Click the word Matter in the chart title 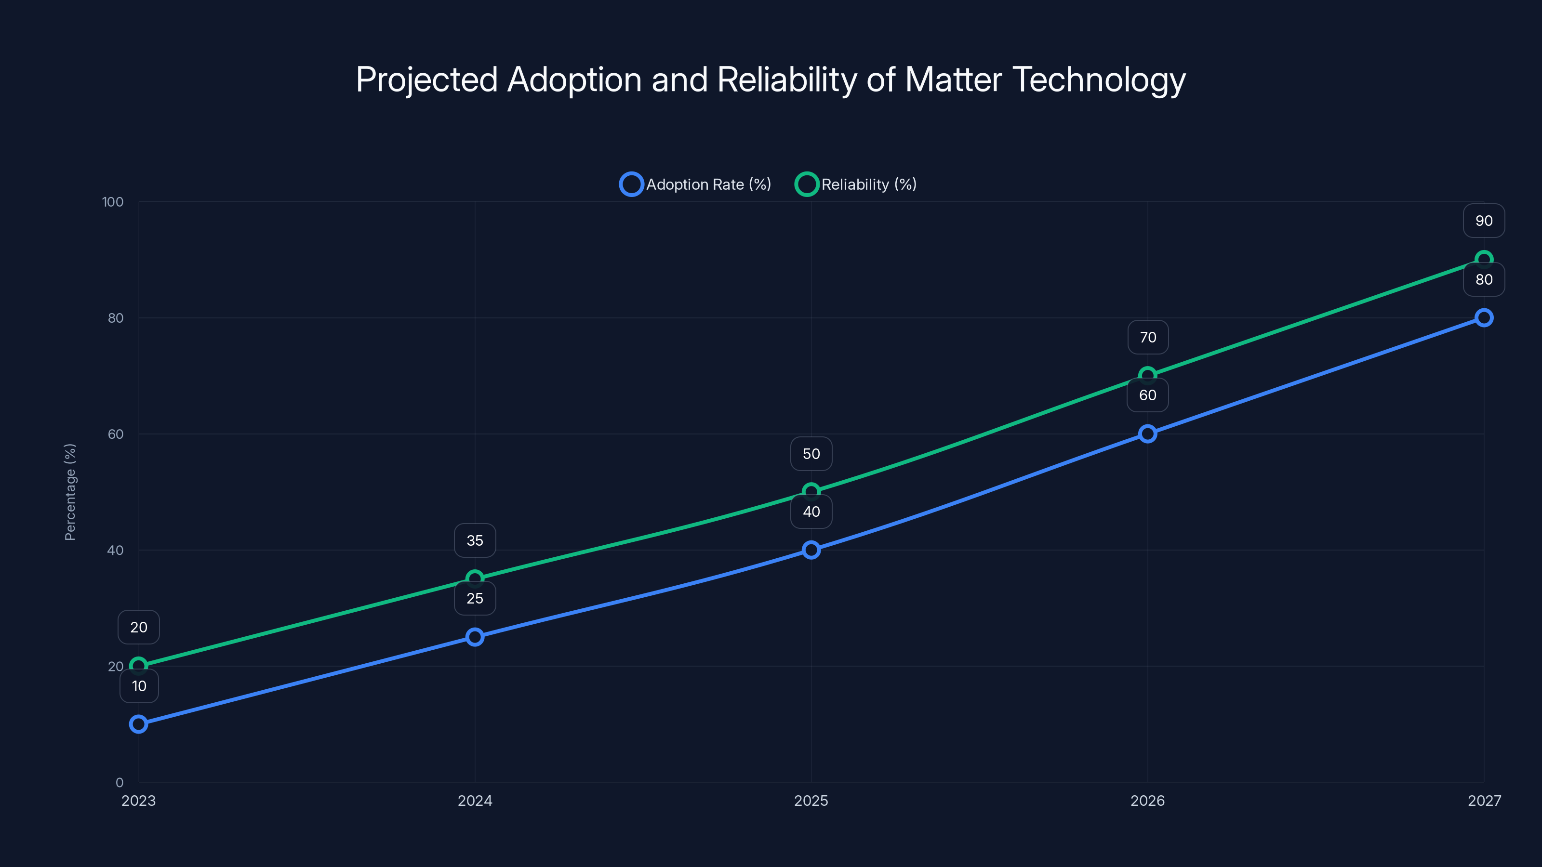(x=953, y=79)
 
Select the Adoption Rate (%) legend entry (x=695, y=184)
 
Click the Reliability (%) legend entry (x=856, y=184)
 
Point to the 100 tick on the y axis (x=113, y=202)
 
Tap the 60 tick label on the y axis (x=116, y=434)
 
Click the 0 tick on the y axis (x=120, y=783)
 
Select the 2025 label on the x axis (x=811, y=801)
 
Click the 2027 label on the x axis (x=1484, y=801)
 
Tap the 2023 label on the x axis (x=138, y=801)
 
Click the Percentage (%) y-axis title (x=70, y=492)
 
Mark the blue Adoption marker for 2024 (x=475, y=637)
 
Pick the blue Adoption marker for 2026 (x=1147, y=434)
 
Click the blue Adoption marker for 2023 (x=138, y=724)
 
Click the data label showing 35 (x=475, y=540)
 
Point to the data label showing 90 (x=1484, y=221)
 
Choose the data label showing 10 (x=139, y=686)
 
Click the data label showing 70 (x=1147, y=338)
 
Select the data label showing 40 (x=811, y=512)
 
